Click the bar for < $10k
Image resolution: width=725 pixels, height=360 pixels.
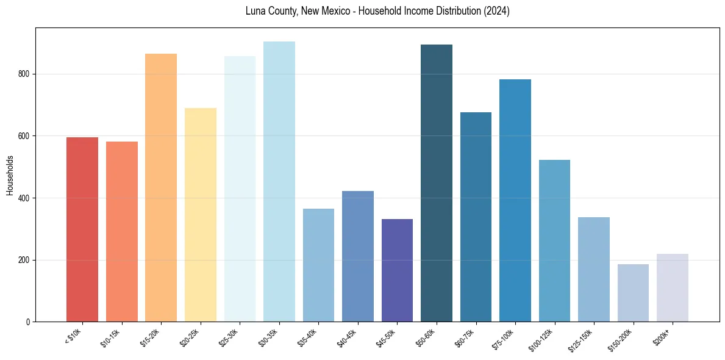(x=82, y=229)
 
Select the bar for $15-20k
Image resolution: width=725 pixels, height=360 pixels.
(x=161, y=187)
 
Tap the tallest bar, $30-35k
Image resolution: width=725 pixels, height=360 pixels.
(x=279, y=181)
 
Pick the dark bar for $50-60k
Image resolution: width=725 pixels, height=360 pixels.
(x=437, y=183)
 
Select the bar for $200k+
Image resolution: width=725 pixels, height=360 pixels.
(x=673, y=287)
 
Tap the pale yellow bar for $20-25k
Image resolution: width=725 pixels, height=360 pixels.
(x=201, y=215)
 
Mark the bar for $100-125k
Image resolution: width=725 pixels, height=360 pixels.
(x=554, y=240)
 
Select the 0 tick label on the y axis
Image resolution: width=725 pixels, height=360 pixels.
(x=29, y=322)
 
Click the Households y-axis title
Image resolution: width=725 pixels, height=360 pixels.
(x=10, y=175)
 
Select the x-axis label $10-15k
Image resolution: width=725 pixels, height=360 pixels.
(x=111, y=337)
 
